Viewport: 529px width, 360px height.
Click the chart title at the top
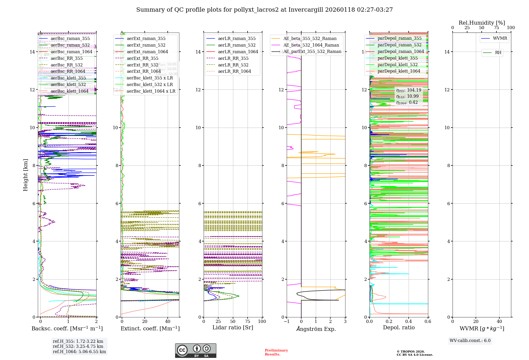[264, 10]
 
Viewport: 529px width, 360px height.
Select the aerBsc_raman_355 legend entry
[70, 39]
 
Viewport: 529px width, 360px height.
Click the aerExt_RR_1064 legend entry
[144, 71]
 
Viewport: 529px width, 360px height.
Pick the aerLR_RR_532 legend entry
[233, 65]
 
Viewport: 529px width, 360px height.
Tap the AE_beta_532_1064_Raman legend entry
[311, 45]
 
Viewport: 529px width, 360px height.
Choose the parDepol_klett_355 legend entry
[398, 58]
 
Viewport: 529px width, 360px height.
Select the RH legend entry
[498, 53]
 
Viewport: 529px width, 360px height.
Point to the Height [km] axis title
[25, 175]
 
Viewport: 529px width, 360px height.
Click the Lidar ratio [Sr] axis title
[233, 328]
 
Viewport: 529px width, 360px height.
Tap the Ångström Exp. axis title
[316, 329]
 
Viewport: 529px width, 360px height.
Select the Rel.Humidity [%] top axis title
[482, 23]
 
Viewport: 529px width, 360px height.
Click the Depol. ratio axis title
[399, 328]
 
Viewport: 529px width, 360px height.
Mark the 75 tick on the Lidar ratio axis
[248, 322]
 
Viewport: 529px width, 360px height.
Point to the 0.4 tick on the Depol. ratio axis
[408, 322]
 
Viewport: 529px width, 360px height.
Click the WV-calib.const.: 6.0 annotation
[470, 341]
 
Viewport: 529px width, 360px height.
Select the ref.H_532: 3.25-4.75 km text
[78, 346]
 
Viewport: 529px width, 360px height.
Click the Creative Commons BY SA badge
[195, 351]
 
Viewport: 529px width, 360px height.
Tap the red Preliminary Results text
[276, 352]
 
